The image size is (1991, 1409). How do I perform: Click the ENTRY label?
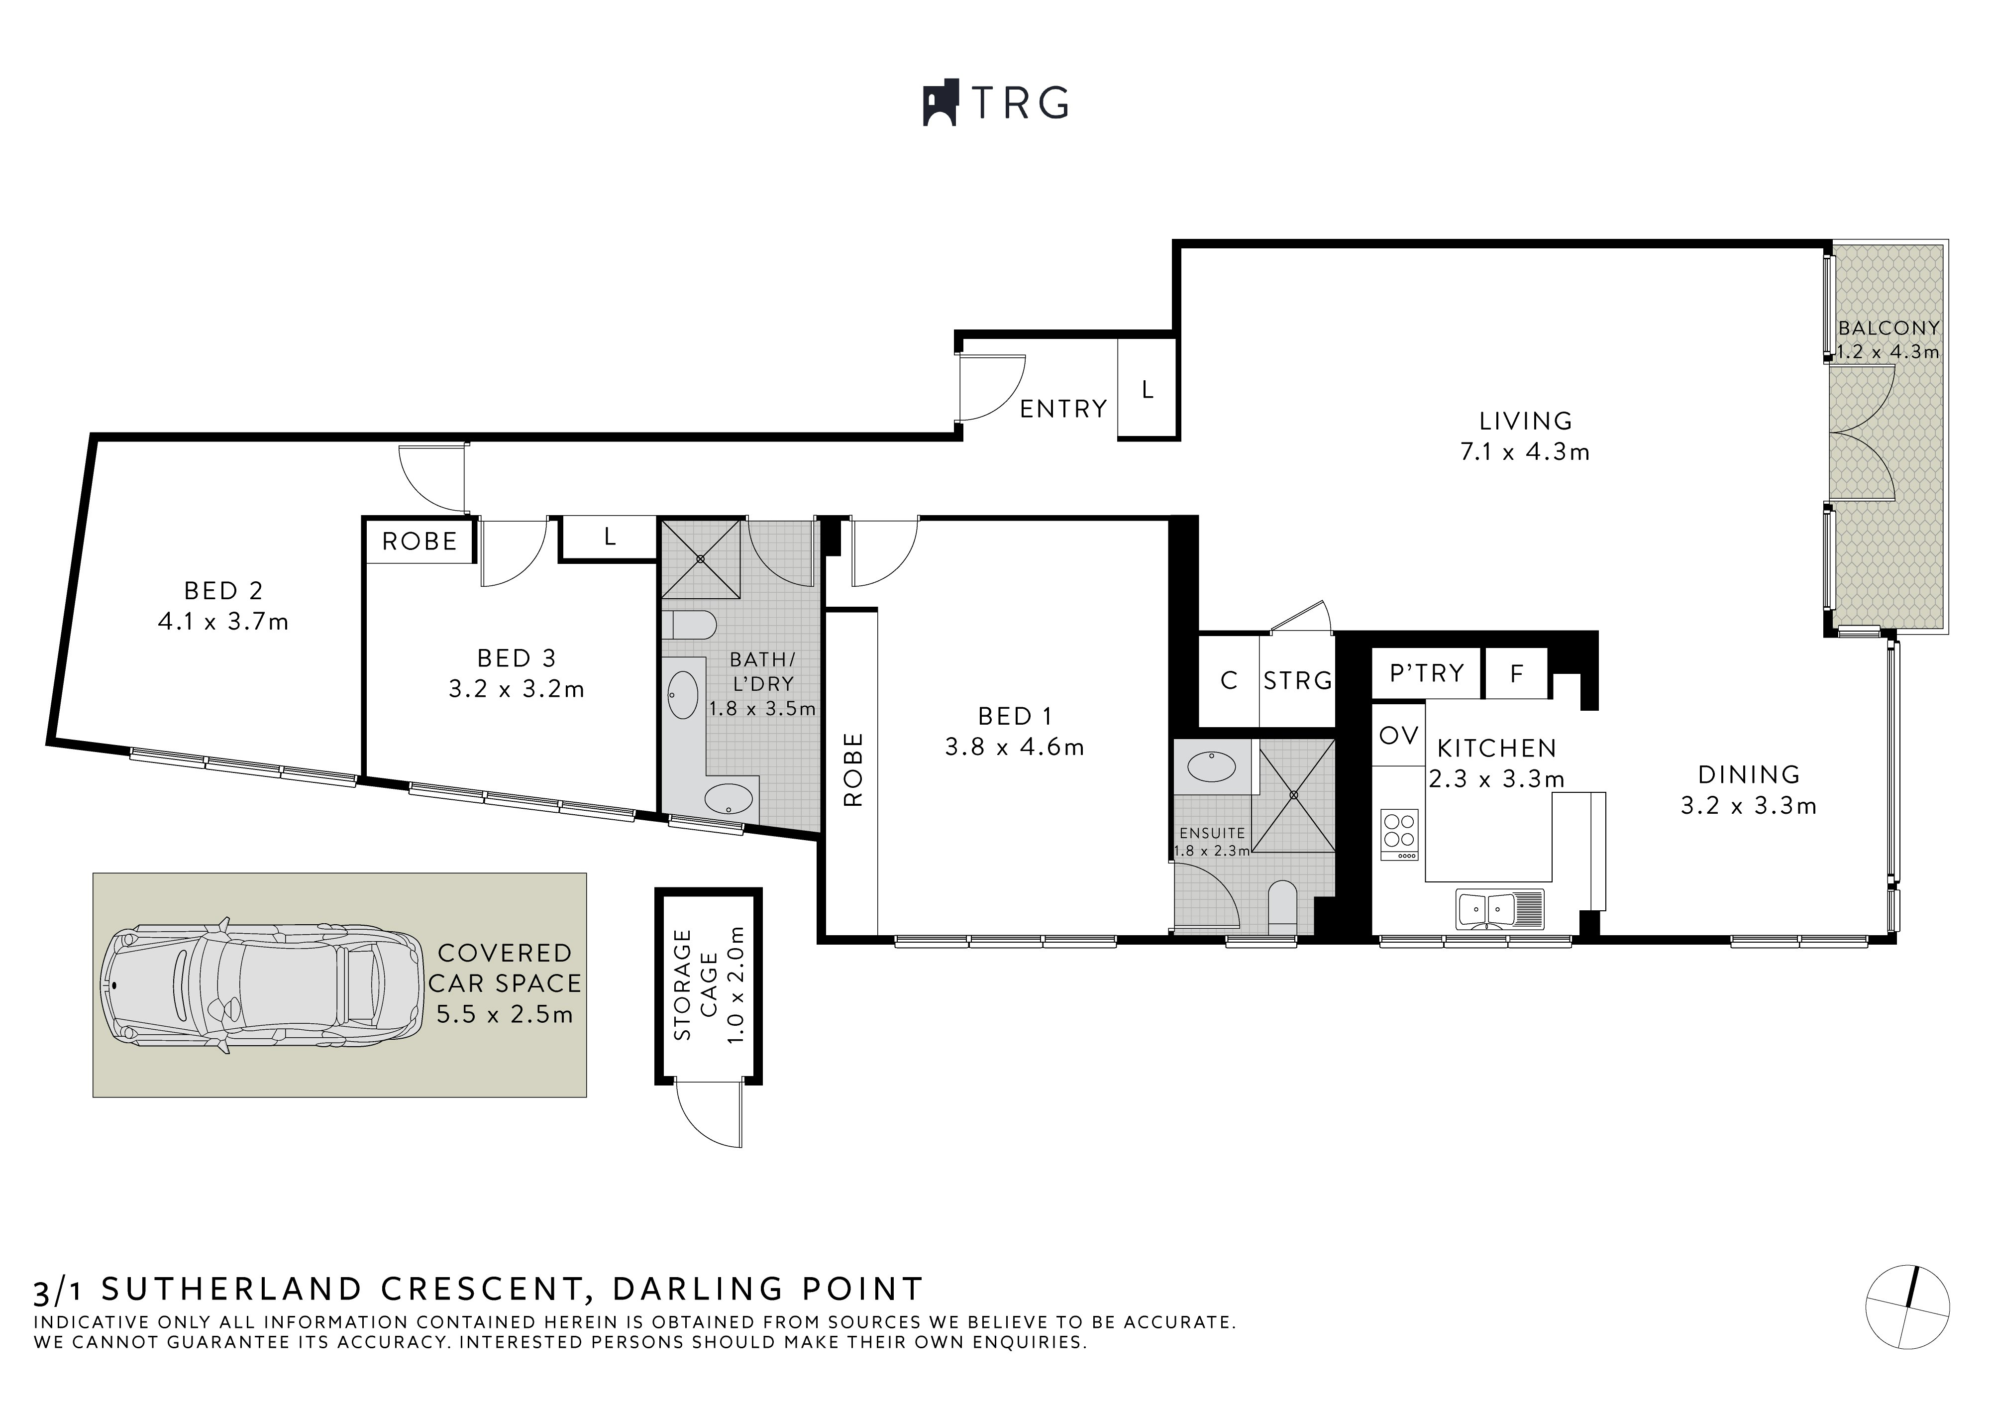click(1063, 409)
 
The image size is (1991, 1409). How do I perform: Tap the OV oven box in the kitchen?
click(1398, 736)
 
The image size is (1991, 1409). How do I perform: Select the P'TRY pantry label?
click(1426, 673)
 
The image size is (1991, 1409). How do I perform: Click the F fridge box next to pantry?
click(1516, 674)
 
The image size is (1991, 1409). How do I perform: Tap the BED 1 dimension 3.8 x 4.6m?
click(1014, 747)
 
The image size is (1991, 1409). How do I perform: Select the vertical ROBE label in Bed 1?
click(853, 769)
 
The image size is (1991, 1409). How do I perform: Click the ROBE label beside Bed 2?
click(419, 542)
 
